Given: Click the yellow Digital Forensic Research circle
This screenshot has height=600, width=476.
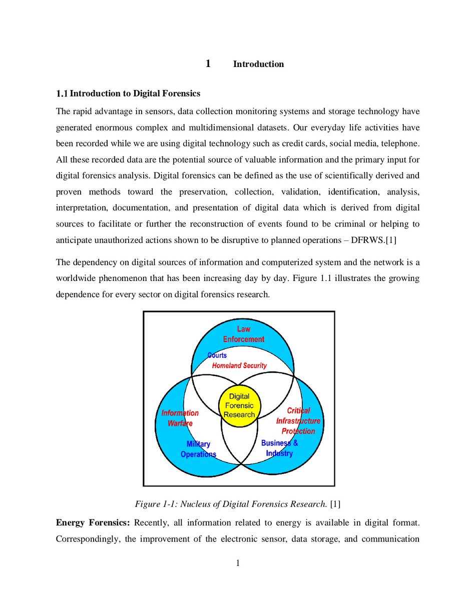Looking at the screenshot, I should coord(239,405).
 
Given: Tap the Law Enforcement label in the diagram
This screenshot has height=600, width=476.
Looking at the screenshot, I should coord(244,334).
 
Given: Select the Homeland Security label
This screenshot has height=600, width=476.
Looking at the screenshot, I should coord(239,365).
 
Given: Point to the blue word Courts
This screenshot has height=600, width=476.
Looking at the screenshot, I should coord(217,355).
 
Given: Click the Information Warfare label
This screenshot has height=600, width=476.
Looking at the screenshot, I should coord(180,418).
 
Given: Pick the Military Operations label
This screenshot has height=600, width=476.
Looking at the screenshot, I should coord(198,449).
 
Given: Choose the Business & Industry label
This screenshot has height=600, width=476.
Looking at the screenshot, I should coord(279,448).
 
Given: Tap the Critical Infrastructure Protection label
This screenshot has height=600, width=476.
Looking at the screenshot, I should coord(298,421).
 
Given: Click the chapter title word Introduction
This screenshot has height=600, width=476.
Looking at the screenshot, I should coord(258,64).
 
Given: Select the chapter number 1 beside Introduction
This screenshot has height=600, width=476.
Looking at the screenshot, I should coord(208,63).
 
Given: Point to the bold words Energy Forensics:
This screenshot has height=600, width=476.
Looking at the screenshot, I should coord(93,523).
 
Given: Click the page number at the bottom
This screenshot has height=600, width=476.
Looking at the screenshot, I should coord(238,563).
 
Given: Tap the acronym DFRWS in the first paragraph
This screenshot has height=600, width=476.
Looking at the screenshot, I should coord(368,240).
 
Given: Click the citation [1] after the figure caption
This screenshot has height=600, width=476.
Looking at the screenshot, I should coord(335,503).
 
